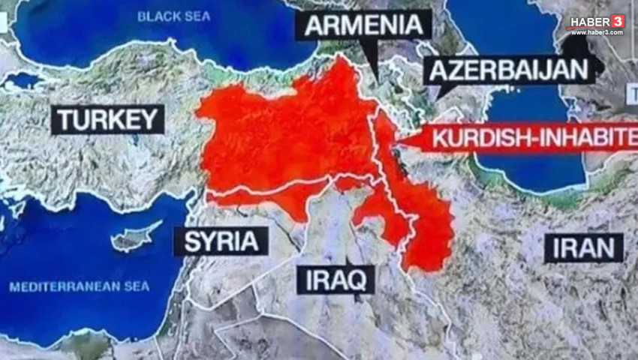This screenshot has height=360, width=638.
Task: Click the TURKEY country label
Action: [x=107, y=119]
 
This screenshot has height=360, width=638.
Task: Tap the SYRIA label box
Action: [x=221, y=241]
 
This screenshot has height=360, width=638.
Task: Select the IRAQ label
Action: [x=336, y=280]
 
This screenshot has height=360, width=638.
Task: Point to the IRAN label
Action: [x=584, y=248]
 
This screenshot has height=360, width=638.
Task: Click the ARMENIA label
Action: [x=363, y=24]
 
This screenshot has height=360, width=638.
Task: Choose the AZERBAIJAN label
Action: [x=509, y=70]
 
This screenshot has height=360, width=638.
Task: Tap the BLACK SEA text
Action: [x=175, y=16]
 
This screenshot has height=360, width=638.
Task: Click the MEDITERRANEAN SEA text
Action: [x=79, y=286]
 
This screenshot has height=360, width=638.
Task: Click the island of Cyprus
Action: [x=135, y=237]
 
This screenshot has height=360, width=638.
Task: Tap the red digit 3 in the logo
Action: [x=618, y=21]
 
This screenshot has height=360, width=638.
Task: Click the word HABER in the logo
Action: [x=589, y=22]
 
